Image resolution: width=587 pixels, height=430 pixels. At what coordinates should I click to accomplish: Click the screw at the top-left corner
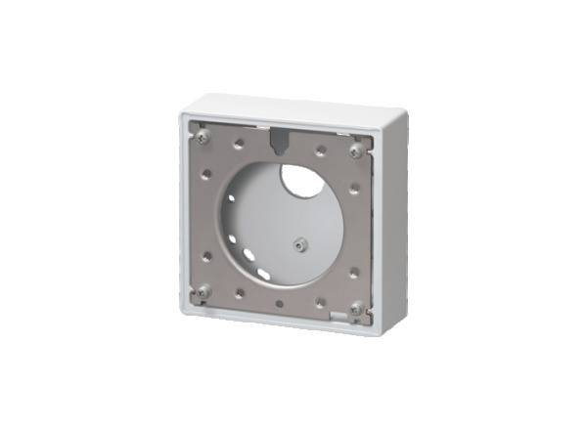pyautogui.click(x=202, y=137)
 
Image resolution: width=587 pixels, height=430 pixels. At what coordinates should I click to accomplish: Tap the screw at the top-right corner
pyautogui.click(x=357, y=150)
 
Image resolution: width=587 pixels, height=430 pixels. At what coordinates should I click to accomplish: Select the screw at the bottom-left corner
pyautogui.click(x=203, y=291)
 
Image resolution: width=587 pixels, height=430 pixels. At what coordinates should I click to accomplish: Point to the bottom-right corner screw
pyautogui.click(x=356, y=309)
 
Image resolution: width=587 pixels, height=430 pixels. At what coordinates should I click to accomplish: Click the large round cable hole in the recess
pyautogui.click(x=300, y=182)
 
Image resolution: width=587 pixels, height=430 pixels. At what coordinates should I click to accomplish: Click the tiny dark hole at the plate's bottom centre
pyautogui.click(x=280, y=304)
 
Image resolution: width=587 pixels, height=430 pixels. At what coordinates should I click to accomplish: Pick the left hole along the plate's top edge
pyautogui.click(x=240, y=144)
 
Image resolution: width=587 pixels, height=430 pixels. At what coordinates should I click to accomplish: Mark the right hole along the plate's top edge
pyautogui.click(x=320, y=150)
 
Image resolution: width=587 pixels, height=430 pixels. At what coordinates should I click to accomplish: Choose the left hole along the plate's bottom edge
pyautogui.click(x=240, y=291)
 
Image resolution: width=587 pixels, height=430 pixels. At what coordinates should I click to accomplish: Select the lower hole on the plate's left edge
pyautogui.click(x=206, y=256)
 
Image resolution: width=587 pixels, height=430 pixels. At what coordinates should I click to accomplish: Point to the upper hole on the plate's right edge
pyautogui.click(x=354, y=188)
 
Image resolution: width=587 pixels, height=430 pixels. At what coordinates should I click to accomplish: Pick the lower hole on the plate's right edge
pyautogui.click(x=354, y=273)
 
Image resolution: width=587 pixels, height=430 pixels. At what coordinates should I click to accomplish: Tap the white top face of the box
pyautogui.click(x=293, y=107)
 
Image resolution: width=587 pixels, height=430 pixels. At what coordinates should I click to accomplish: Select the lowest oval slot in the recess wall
pyautogui.click(x=263, y=275)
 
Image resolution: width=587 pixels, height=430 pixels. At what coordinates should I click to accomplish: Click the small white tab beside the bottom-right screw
pyautogui.click(x=338, y=315)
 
